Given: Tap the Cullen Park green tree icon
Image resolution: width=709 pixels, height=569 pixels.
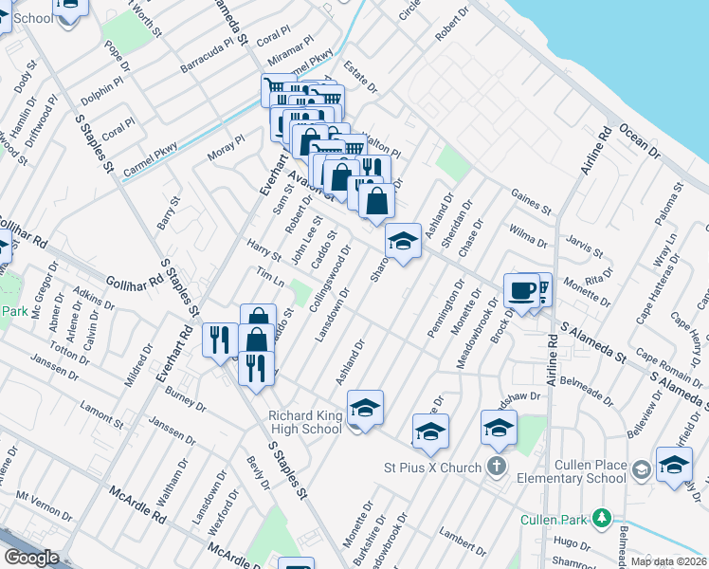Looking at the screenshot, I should (x=601, y=519).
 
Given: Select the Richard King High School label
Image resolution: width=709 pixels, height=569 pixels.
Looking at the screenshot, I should (x=304, y=422).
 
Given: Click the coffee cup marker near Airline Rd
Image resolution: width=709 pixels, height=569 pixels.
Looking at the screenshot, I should (x=521, y=290).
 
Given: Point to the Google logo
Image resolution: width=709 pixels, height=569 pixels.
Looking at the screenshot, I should (x=31, y=558).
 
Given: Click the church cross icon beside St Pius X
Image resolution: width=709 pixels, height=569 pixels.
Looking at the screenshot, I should (x=496, y=467).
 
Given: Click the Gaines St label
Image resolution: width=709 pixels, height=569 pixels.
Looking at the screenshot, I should (x=531, y=200).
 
